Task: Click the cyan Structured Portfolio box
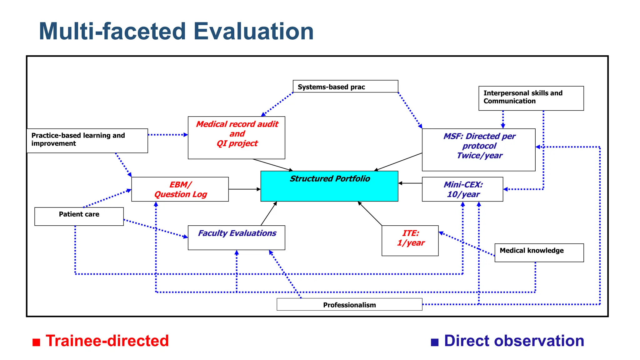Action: pyautogui.click(x=329, y=186)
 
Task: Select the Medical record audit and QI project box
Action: pyautogui.click(x=236, y=138)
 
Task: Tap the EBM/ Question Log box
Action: pyautogui.click(x=180, y=189)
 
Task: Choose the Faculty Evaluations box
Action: pyautogui.click(x=236, y=238)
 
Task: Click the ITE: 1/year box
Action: pyautogui.click(x=410, y=241)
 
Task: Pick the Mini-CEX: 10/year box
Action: pyautogui.click(x=462, y=189)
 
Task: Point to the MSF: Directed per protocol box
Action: pyautogui.click(x=478, y=150)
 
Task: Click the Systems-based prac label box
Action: pyautogui.click(x=345, y=87)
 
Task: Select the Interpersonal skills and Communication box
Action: pyautogui.click(x=531, y=98)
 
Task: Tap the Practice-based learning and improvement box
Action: pyautogui.click(x=87, y=141)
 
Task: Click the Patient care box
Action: pyautogui.click(x=79, y=216)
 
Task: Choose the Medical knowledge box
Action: pyautogui.click(x=539, y=252)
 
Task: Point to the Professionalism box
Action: pyautogui.click(x=349, y=304)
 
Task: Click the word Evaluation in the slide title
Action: pyautogui.click(x=253, y=32)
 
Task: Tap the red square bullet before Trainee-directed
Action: pyautogui.click(x=37, y=342)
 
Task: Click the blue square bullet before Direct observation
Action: pyautogui.click(x=435, y=342)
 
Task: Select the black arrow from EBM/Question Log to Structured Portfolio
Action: pyautogui.click(x=244, y=189)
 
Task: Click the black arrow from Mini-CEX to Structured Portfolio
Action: pyautogui.click(x=410, y=183)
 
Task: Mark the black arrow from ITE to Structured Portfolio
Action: pyautogui.click(x=370, y=214)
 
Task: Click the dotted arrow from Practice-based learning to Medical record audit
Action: pyautogui.click(x=168, y=135)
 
